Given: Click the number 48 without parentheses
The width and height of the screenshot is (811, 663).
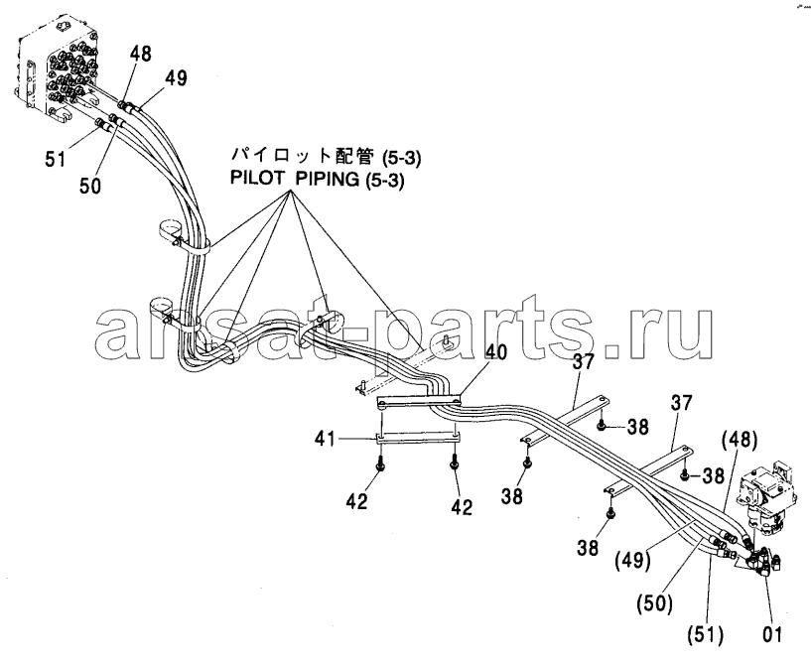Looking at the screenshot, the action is (x=140, y=54).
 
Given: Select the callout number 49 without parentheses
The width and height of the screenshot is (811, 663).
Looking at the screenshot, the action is (x=176, y=78).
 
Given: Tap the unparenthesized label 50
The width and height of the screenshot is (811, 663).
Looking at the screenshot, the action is (x=90, y=186).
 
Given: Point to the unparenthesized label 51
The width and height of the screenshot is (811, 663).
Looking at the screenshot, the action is (x=56, y=158).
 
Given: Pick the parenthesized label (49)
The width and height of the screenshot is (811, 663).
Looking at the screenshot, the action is (x=632, y=560).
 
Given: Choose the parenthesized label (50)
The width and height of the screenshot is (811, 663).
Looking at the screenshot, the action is (x=655, y=603).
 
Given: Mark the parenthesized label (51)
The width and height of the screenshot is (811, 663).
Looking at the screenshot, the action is (x=706, y=634).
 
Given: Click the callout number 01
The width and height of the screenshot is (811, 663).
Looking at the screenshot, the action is (x=771, y=633).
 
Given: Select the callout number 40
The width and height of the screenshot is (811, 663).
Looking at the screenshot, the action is (x=495, y=352).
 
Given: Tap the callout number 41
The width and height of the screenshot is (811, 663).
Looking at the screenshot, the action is (x=327, y=440).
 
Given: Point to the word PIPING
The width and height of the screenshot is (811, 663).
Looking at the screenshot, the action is (x=328, y=179).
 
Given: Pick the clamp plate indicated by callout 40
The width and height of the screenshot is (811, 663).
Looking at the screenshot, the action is (x=419, y=401).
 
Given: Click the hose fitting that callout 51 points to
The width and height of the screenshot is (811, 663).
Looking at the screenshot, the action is (x=104, y=124).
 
